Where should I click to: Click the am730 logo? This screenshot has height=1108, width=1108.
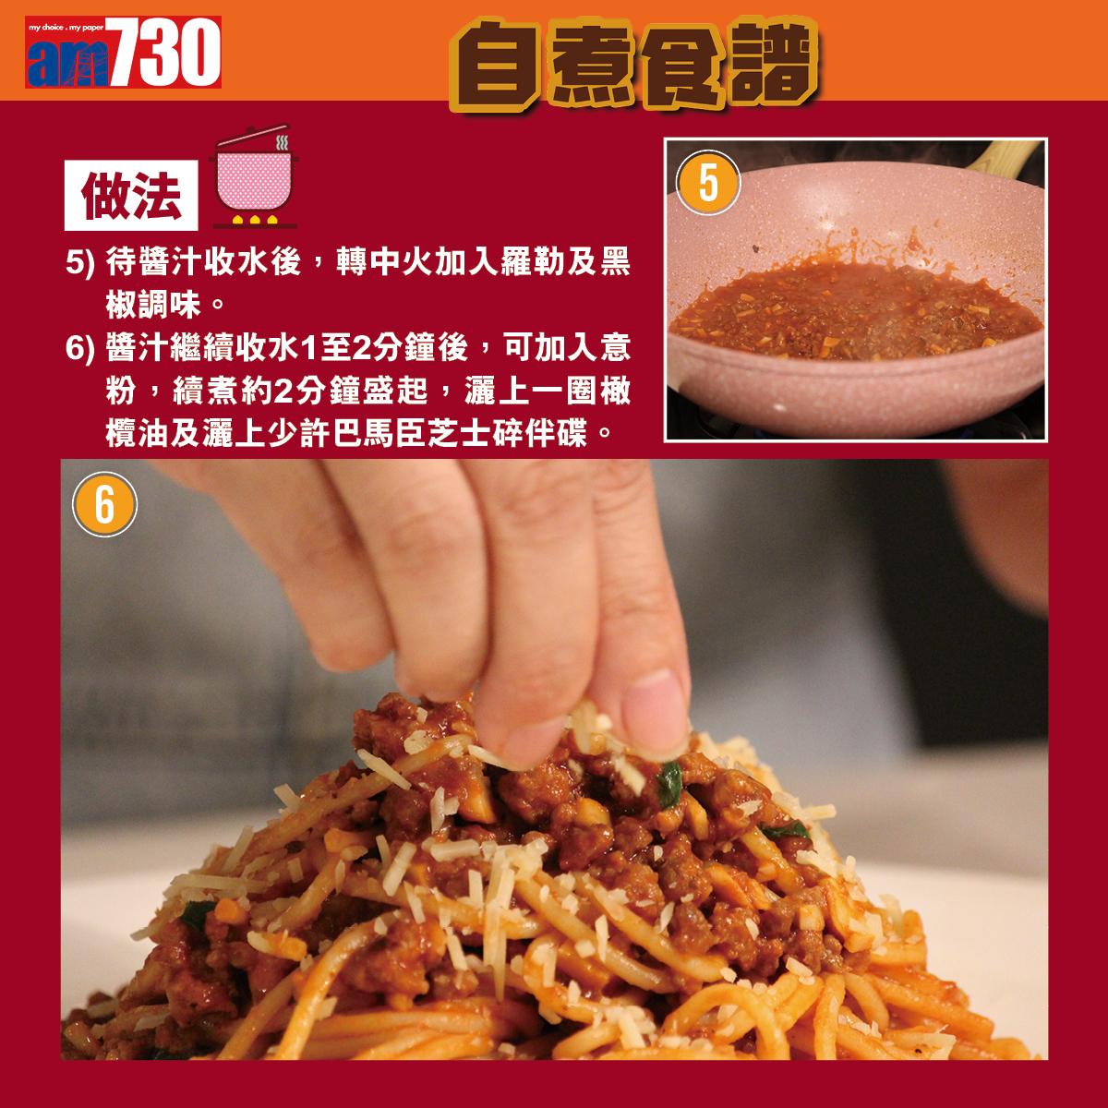pyautogui.click(x=123, y=56)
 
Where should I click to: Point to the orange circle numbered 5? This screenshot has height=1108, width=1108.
pyautogui.click(x=709, y=183)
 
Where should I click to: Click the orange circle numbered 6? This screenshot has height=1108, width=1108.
pyautogui.click(x=104, y=505)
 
